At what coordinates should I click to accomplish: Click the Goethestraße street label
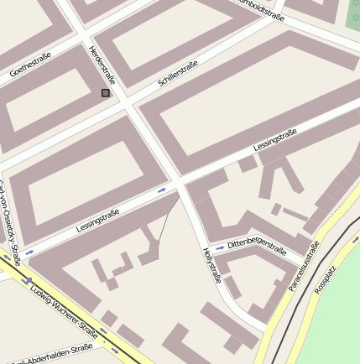(30, 65)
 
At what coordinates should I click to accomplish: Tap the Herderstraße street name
(102, 65)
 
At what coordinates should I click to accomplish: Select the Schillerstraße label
(178, 74)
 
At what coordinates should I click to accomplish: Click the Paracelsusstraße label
(304, 266)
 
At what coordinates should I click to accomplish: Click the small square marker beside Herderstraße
(105, 93)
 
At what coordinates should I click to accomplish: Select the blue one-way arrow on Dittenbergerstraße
(220, 248)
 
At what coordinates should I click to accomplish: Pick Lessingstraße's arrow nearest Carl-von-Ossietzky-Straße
(30, 252)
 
